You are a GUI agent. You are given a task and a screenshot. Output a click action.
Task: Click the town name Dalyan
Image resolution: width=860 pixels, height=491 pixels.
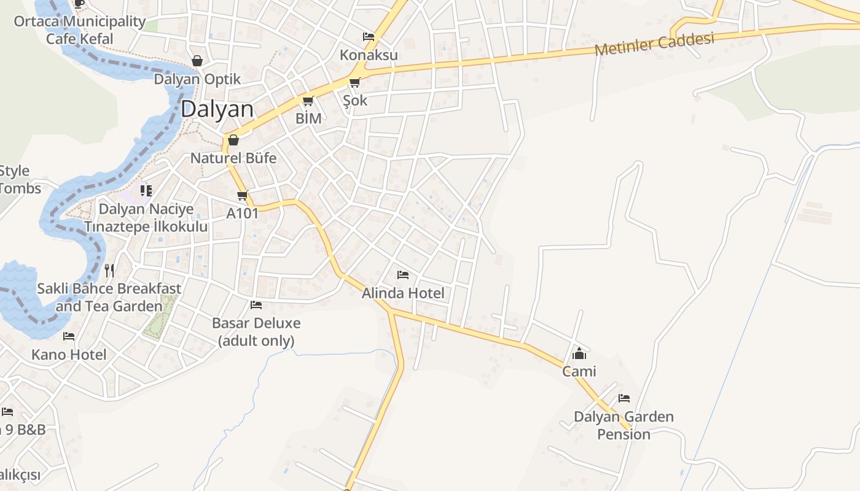coord(217,109)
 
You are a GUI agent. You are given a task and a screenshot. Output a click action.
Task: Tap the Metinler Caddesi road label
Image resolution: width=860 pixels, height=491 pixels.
coord(654,44)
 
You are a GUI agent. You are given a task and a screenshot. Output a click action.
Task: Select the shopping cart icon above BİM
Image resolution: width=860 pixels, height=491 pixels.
coord(308,101)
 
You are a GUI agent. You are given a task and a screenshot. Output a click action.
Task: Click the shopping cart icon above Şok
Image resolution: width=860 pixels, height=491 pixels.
coord(354,83)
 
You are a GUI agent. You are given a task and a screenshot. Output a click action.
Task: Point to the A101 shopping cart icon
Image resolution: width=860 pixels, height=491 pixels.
coord(242,196)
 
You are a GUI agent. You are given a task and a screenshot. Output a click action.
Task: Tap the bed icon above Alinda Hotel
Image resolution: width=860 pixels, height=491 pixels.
coord(403,275)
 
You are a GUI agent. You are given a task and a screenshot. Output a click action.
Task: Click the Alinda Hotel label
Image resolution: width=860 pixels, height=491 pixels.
coord(402,293)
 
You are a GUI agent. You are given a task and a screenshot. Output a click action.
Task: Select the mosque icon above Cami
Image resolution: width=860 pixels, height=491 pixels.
coord(579,354)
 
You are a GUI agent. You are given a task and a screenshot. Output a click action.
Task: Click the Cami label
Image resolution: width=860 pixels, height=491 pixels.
coord(579,371)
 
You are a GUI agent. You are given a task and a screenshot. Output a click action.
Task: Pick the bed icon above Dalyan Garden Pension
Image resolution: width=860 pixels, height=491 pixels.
coord(624,398)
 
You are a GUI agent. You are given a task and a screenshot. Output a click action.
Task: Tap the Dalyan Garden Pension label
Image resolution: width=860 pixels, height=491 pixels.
coord(623,425)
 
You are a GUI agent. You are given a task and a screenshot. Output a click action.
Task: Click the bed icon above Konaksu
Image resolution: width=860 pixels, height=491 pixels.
coord(369,37)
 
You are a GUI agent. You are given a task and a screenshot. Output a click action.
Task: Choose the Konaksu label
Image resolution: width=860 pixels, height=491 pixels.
coord(369,55)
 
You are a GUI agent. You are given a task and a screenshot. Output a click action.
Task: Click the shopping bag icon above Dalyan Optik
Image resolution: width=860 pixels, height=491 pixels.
coord(197,61)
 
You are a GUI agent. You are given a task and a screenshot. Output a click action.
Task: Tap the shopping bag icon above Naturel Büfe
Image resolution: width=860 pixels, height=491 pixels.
coord(233,140)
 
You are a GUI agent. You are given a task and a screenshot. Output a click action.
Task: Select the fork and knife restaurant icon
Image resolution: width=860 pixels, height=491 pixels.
coord(109,270)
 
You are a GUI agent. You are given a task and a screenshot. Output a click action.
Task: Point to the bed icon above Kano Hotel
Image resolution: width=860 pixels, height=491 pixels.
coord(69,336)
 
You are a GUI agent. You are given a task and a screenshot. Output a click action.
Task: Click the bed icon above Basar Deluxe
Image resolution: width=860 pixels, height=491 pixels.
coord(256,305)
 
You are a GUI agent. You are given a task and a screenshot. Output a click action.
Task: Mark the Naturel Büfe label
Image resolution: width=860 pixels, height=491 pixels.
coord(233,158)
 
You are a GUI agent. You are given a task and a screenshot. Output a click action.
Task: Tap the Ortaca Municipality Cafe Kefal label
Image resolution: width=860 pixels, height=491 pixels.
coord(80,30)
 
